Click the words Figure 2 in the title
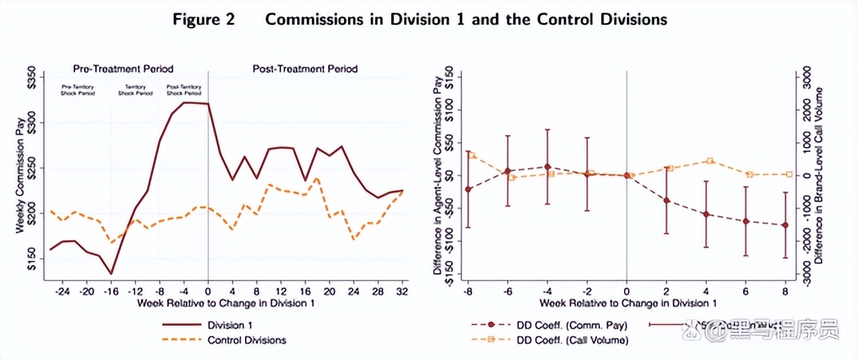pyautogui.click(x=204, y=19)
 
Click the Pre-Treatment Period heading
pyautogui.click(x=123, y=68)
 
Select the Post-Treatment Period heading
pyautogui.click(x=305, y=68)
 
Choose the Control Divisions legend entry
pyautogui.click(x=246, y=340)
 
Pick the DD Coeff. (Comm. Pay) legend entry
pyautogui.click(x=571, y=325)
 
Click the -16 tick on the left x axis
pyautogui.click(x=110, y=292)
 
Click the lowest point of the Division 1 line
pyautogui.click(x=111, y=274)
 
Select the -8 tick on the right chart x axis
pyautogui.click(x=468, y=292)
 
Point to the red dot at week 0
pyautogui.click(x=627, y=175)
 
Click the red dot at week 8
pyautogui.click(x=785, y=226)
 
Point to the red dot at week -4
pyautogui.click(x=548, y=167)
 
